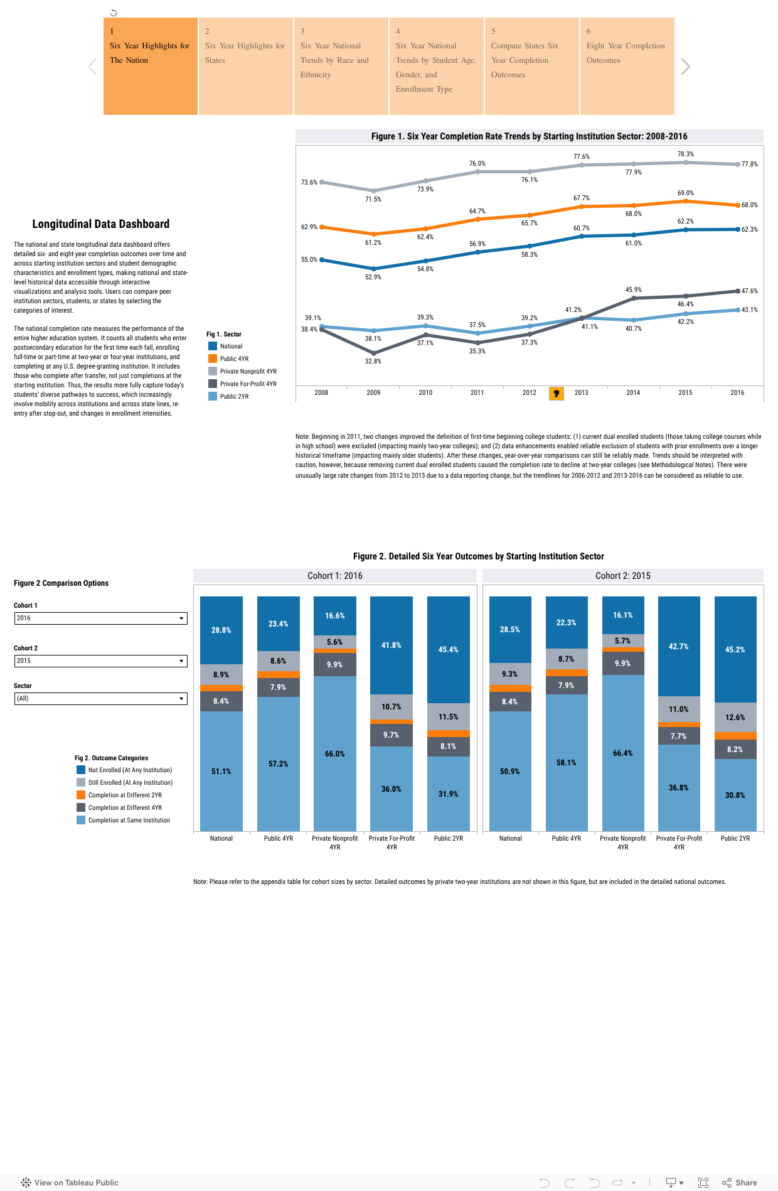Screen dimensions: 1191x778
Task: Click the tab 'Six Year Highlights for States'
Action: pyautogui.click(x=245, y=66)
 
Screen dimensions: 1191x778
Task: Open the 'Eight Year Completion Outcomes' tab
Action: pyautogui.click(x=627, y=66)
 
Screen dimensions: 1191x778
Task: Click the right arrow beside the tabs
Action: pyautogui.click(x=685, y=67)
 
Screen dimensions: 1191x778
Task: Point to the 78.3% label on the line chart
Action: pyautogui.click(x=685, y=154)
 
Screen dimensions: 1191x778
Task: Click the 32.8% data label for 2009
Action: pyautogui.click(x=373, y=361)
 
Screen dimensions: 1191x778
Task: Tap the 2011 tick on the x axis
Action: pyautogui.click(x=477, y=392)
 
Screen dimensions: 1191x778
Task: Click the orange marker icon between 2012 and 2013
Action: pyautogui.click(x=556, y=394)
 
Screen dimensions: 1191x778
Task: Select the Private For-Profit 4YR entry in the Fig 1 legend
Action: pyautogui.click(x=248, y=384)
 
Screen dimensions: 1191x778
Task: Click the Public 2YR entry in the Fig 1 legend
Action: pyautogui.click(x=234, y=396)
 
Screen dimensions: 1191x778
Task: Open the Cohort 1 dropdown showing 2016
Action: pyautogui.click(x=100, y=618)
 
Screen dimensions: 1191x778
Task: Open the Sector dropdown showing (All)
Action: pyautogui.click(x=100, y=699)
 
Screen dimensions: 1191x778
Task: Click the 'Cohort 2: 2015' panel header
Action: pyautogui.click(x=622, y=576)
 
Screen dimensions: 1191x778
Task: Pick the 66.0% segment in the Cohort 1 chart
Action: pyautogui.click(x=335, y=753)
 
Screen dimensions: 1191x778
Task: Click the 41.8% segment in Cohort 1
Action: pyautogui.click(x=392, y=645)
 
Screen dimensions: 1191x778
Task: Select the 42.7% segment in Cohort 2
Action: pyautogui.click(x=679, y=646)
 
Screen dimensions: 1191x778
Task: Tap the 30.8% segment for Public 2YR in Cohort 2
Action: pyautogui.click(x=735, y=795)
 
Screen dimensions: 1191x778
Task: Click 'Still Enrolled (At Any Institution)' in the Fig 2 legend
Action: pyautogui.click(x=130, y=782)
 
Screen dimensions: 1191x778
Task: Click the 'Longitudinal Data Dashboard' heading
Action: pyautogui.click(x=101, y=224)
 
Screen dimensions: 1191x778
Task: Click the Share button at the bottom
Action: pyautogui.click(x=740, y=1182)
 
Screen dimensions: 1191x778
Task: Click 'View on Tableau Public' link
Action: pyautogui.click(x=70, y=1182)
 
